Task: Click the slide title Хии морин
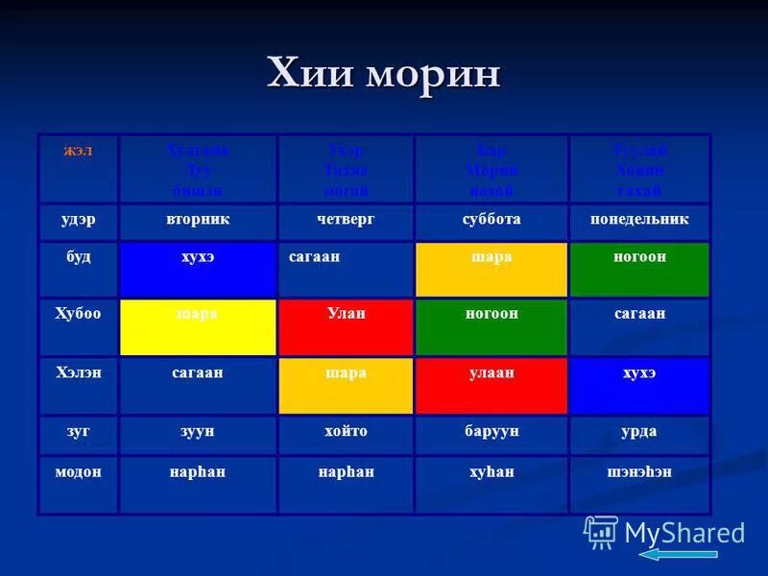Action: (383, 73)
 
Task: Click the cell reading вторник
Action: (198, 220)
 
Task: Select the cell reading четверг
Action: (346, 220)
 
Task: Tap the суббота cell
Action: (491, 220)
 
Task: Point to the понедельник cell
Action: (639, 220)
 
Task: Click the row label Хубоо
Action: (78, 314)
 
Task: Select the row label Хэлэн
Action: (78, 372)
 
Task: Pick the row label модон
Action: (78, 471)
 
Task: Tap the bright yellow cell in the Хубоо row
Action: (198, 326)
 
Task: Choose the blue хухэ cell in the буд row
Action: (198, 269)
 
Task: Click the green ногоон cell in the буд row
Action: (639, 269)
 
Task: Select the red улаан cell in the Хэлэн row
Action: (491, 385)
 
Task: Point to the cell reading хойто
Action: (346, 432)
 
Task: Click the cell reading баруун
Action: (491, 432)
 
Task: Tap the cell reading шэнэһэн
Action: (639, 471)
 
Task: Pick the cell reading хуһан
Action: (491, 471)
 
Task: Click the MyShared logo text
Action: (684, 533)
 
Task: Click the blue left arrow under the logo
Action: (678, 554)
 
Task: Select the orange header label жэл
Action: (78, 152)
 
